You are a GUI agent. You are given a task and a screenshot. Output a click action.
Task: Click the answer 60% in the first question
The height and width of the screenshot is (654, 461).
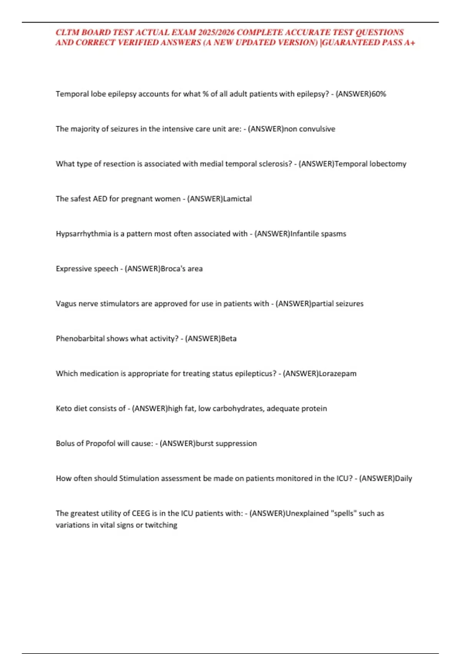point(379,94)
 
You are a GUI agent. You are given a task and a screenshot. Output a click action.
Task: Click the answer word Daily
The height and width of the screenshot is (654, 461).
point(403,479)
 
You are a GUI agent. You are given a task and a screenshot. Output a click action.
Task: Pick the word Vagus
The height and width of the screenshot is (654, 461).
point(66,304)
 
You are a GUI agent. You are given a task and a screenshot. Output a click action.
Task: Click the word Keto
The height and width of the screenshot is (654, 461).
point(64,409)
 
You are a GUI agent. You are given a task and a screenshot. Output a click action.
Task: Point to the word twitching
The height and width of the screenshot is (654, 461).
point(161,525)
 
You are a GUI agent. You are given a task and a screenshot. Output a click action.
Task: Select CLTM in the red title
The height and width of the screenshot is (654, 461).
point(68,32)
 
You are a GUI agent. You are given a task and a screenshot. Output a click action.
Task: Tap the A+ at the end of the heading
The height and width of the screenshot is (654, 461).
point(410,43)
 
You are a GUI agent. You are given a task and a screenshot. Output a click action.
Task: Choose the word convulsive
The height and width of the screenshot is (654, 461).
point(317,129)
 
